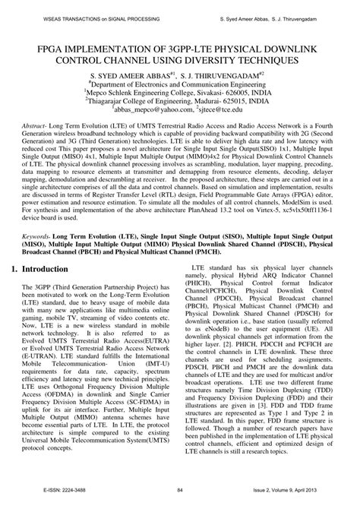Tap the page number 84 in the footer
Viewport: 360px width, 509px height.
[x=180, y=501]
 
